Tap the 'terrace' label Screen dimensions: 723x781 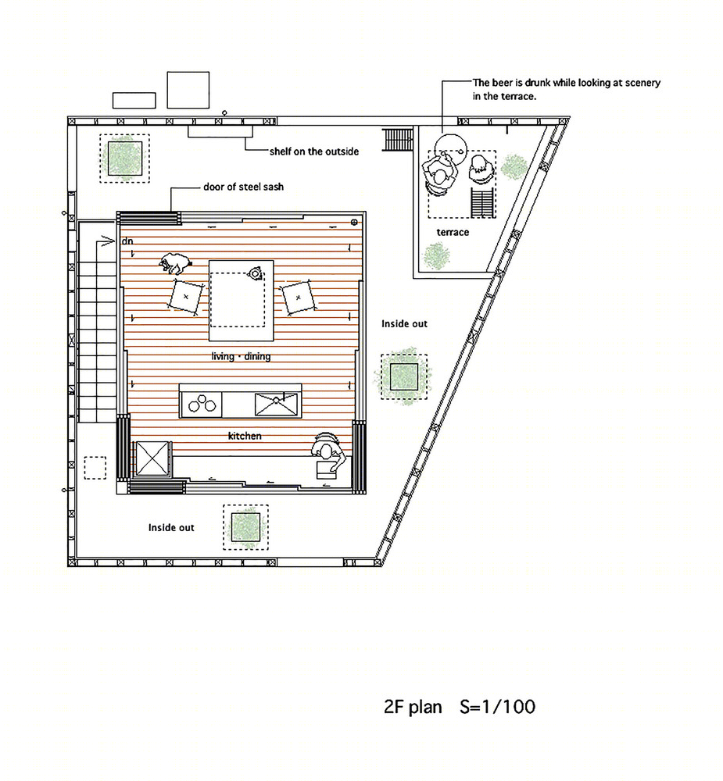[x=453, y=232]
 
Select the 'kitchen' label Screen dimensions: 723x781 [x=245, y=436]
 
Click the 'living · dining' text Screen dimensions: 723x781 [x=241, y=356]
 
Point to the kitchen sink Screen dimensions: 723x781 [x=276, y=404]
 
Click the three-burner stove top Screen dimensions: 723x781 [x=202, y=404]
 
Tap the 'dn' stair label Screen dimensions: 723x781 [x=127, y=241]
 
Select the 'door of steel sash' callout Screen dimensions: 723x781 [x=243, y=187]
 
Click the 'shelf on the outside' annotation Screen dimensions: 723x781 [x=314, y=152]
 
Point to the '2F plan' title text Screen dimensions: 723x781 [x=413, y=707]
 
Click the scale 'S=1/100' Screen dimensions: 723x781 [x=498, y=707]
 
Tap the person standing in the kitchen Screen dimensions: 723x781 [x=328, y=455]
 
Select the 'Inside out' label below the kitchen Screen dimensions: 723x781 [x=171, y=527]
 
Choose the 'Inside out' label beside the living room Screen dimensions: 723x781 [x=404, y=324]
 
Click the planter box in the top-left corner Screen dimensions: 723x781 [x=124, y=158]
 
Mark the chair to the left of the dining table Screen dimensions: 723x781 [x=186, y=297]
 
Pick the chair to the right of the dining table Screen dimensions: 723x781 [x=298, y=298]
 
